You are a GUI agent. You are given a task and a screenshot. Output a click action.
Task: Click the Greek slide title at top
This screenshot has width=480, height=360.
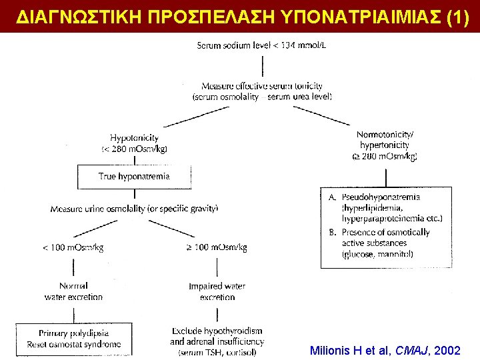(x=240, y=16)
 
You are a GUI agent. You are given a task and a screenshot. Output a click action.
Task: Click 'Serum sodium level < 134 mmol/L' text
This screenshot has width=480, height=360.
(x=261, y=45)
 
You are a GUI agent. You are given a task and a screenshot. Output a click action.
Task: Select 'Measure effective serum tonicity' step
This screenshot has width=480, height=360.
(x=261, y=86)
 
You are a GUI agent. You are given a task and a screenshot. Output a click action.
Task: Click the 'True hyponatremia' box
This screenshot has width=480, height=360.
(x=134, y=177)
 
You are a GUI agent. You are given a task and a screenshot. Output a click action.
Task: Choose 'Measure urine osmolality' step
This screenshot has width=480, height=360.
(x=134, y=209)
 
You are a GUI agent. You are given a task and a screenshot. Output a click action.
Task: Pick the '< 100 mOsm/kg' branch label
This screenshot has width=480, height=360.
(x=73, y=247)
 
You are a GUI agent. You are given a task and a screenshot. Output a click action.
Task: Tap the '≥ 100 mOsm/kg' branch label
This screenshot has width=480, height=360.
(x=216, y=247)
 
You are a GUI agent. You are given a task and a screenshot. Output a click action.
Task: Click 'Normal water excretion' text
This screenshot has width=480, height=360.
(x=73, y=291)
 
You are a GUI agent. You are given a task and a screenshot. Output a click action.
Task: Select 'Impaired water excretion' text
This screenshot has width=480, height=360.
(x=217, y=291)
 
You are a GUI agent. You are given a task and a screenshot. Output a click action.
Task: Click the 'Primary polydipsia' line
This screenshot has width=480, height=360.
(x=73, y=333)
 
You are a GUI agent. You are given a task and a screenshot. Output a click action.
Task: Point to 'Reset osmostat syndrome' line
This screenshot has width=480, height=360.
(x=73, y=344)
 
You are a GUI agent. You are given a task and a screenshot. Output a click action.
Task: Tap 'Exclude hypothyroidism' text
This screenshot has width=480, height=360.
(x=217, y=331)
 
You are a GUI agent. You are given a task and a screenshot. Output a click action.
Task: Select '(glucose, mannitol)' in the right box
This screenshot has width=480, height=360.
(x=377, y=255)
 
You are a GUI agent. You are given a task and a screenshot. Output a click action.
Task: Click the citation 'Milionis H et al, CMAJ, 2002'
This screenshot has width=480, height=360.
(x=385, y=350)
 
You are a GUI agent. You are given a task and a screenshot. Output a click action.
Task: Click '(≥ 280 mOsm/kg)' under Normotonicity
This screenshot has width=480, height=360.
(x=385, y=157)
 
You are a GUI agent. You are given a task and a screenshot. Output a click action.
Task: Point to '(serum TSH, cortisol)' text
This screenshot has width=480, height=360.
(x=217, y=353)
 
